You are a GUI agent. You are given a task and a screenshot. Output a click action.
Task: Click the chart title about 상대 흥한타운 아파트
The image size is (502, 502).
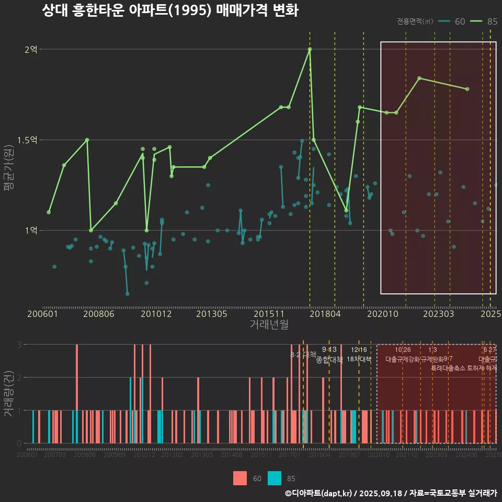coord(170,10)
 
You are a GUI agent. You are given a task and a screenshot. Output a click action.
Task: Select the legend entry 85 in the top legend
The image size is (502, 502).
coord(492,21)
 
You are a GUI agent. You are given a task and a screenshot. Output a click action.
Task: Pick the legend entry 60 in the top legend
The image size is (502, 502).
coord(460,21)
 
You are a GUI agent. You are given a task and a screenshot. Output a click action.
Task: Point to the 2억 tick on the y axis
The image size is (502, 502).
coord(31,50)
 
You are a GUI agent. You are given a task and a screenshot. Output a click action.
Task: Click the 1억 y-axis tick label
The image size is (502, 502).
coord(31,231)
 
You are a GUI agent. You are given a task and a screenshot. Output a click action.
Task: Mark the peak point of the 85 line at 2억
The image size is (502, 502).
coord(310,49)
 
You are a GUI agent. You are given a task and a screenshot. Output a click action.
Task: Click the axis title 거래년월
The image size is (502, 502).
coord(269,325)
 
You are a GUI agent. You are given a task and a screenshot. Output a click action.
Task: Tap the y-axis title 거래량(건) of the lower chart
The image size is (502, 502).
coord(9,393)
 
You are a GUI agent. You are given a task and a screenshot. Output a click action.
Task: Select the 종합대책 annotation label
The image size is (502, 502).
coord(329,360)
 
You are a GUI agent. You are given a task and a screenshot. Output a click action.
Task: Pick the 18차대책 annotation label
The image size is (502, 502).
coord(359,359)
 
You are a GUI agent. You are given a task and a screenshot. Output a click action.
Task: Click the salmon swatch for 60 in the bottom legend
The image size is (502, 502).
coord(240,478)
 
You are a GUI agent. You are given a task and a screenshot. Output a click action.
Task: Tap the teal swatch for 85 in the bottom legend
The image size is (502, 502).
coord(275,478)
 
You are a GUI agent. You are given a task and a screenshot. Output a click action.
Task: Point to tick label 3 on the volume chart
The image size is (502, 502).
coord(19,345)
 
